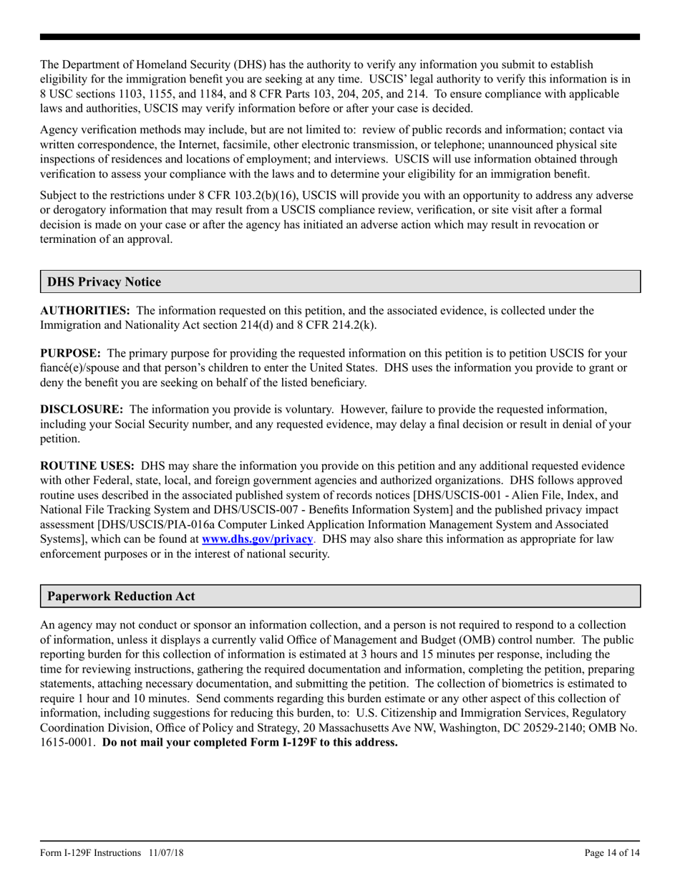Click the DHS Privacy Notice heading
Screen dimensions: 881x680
(104, 282)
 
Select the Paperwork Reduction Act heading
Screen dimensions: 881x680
(120, 596)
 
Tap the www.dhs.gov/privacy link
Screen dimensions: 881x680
(258, 539)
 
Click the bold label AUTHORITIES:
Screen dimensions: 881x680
(84, 311)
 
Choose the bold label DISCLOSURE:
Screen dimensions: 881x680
(81, 410)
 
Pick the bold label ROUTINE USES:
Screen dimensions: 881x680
(87, 466)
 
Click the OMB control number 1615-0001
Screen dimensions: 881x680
(67, 742)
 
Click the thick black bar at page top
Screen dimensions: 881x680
(340, 37)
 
